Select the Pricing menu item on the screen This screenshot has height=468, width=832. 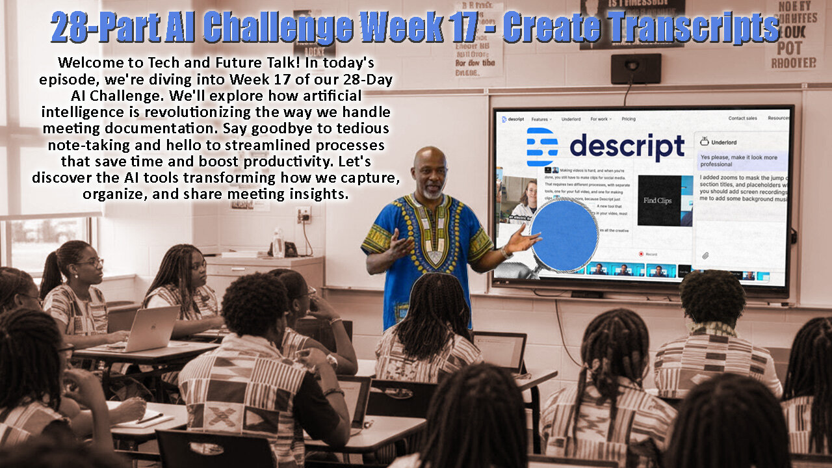(x=629, y=120)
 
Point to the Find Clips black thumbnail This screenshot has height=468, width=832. (x=658, y=201)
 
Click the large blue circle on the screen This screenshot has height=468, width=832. (x=564, y=235)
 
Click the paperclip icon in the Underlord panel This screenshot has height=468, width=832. (x=705, y=255)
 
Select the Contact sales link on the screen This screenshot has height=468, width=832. (x=742, y=118)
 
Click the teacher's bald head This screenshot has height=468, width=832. (x=430, y=161)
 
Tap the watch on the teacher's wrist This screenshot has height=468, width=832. (x=503, y=252)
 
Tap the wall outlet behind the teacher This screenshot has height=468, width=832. (x=303, y=214)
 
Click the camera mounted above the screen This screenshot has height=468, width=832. (x=635, y=67)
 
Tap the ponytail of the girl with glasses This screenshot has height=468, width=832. (x=51, y=272)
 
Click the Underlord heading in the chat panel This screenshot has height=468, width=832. (x=723, y=141)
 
